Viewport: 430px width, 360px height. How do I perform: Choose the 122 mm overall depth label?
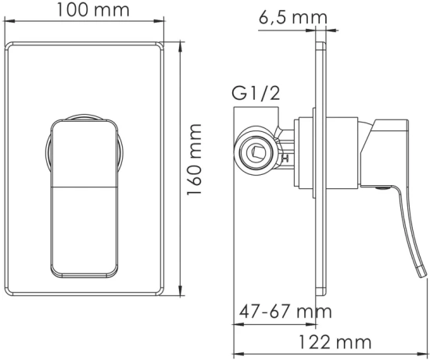tap(334, 341)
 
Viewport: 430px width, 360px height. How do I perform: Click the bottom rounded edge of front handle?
tap(82, 277)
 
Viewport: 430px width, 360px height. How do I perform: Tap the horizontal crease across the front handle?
tap(82, 187)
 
